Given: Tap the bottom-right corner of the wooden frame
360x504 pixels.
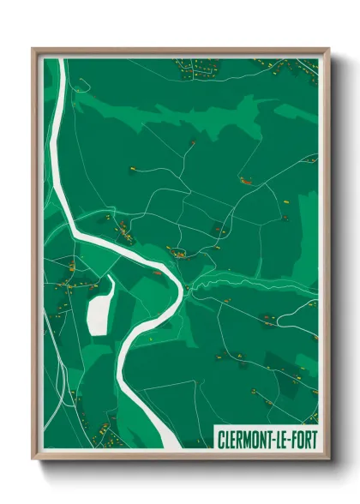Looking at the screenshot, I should [328, 459].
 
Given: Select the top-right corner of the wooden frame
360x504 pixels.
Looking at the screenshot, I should [328, 50].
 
